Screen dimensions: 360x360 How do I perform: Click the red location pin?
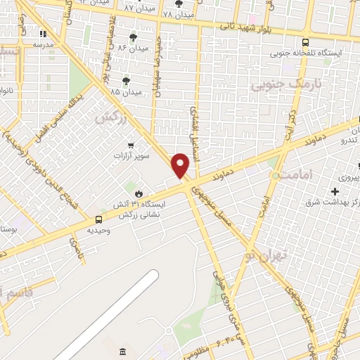pyautogui.click(x=181, y=165)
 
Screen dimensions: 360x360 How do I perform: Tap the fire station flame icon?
pyautogui.click(x=139, y=193)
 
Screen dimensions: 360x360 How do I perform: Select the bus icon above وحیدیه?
pyautogui.click(x=98, y=219)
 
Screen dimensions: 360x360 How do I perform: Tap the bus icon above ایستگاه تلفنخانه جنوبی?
pyautogui.click(x=304, y=41)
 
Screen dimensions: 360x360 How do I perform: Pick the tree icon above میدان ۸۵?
pyautogui.click(x=126, y=81)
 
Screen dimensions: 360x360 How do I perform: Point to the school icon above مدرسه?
pyautogui.click(x=43, y=33)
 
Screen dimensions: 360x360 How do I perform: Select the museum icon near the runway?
pyautogui.click(x=122, y=351)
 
